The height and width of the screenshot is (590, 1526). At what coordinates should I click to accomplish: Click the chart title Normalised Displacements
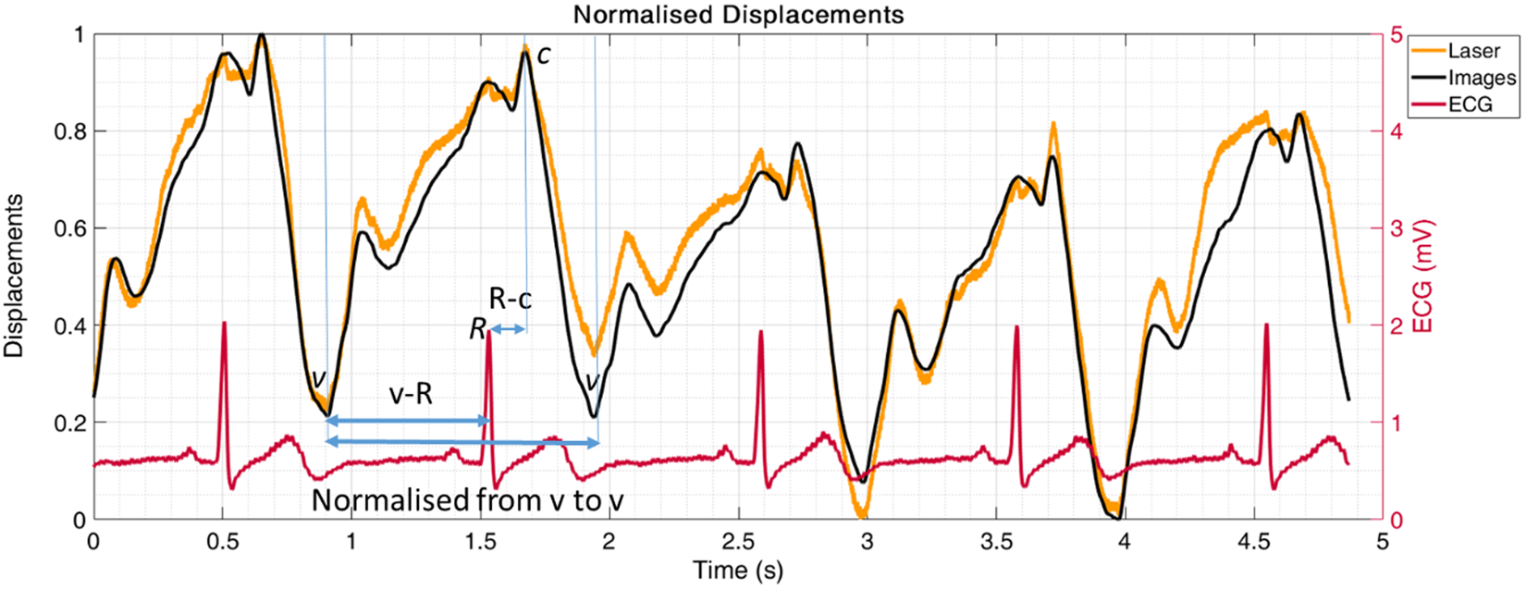click(x=738, y=14)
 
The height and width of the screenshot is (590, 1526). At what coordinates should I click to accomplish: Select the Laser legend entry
click(x=1474, y=51)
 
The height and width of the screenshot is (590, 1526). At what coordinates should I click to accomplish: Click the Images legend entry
click(x=1482, y=78)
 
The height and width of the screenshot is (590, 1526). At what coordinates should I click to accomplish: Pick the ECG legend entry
click(x=1471, y=104)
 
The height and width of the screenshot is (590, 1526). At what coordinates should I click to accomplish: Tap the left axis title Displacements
click(x=15, y=277)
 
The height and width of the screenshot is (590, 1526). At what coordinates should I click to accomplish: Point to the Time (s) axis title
click(x=738, y=571)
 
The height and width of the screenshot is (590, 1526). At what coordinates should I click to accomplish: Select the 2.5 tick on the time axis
click(x=737, y=541)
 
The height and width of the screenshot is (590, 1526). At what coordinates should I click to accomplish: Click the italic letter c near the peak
click(x=544, y=55)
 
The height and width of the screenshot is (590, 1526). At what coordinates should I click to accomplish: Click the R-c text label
click(x=511, y=298)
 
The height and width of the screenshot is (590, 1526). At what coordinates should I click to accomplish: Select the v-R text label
click(x=410, y=394)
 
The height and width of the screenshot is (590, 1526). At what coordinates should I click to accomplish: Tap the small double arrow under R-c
click(x=507, y=329)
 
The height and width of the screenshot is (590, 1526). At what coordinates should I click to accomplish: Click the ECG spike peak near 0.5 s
click(x=224, y=323)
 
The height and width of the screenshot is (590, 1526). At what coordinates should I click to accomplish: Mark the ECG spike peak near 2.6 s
click(x=760, y=332)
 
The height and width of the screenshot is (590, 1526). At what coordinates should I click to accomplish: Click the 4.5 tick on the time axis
click(x=1253, y=541)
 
